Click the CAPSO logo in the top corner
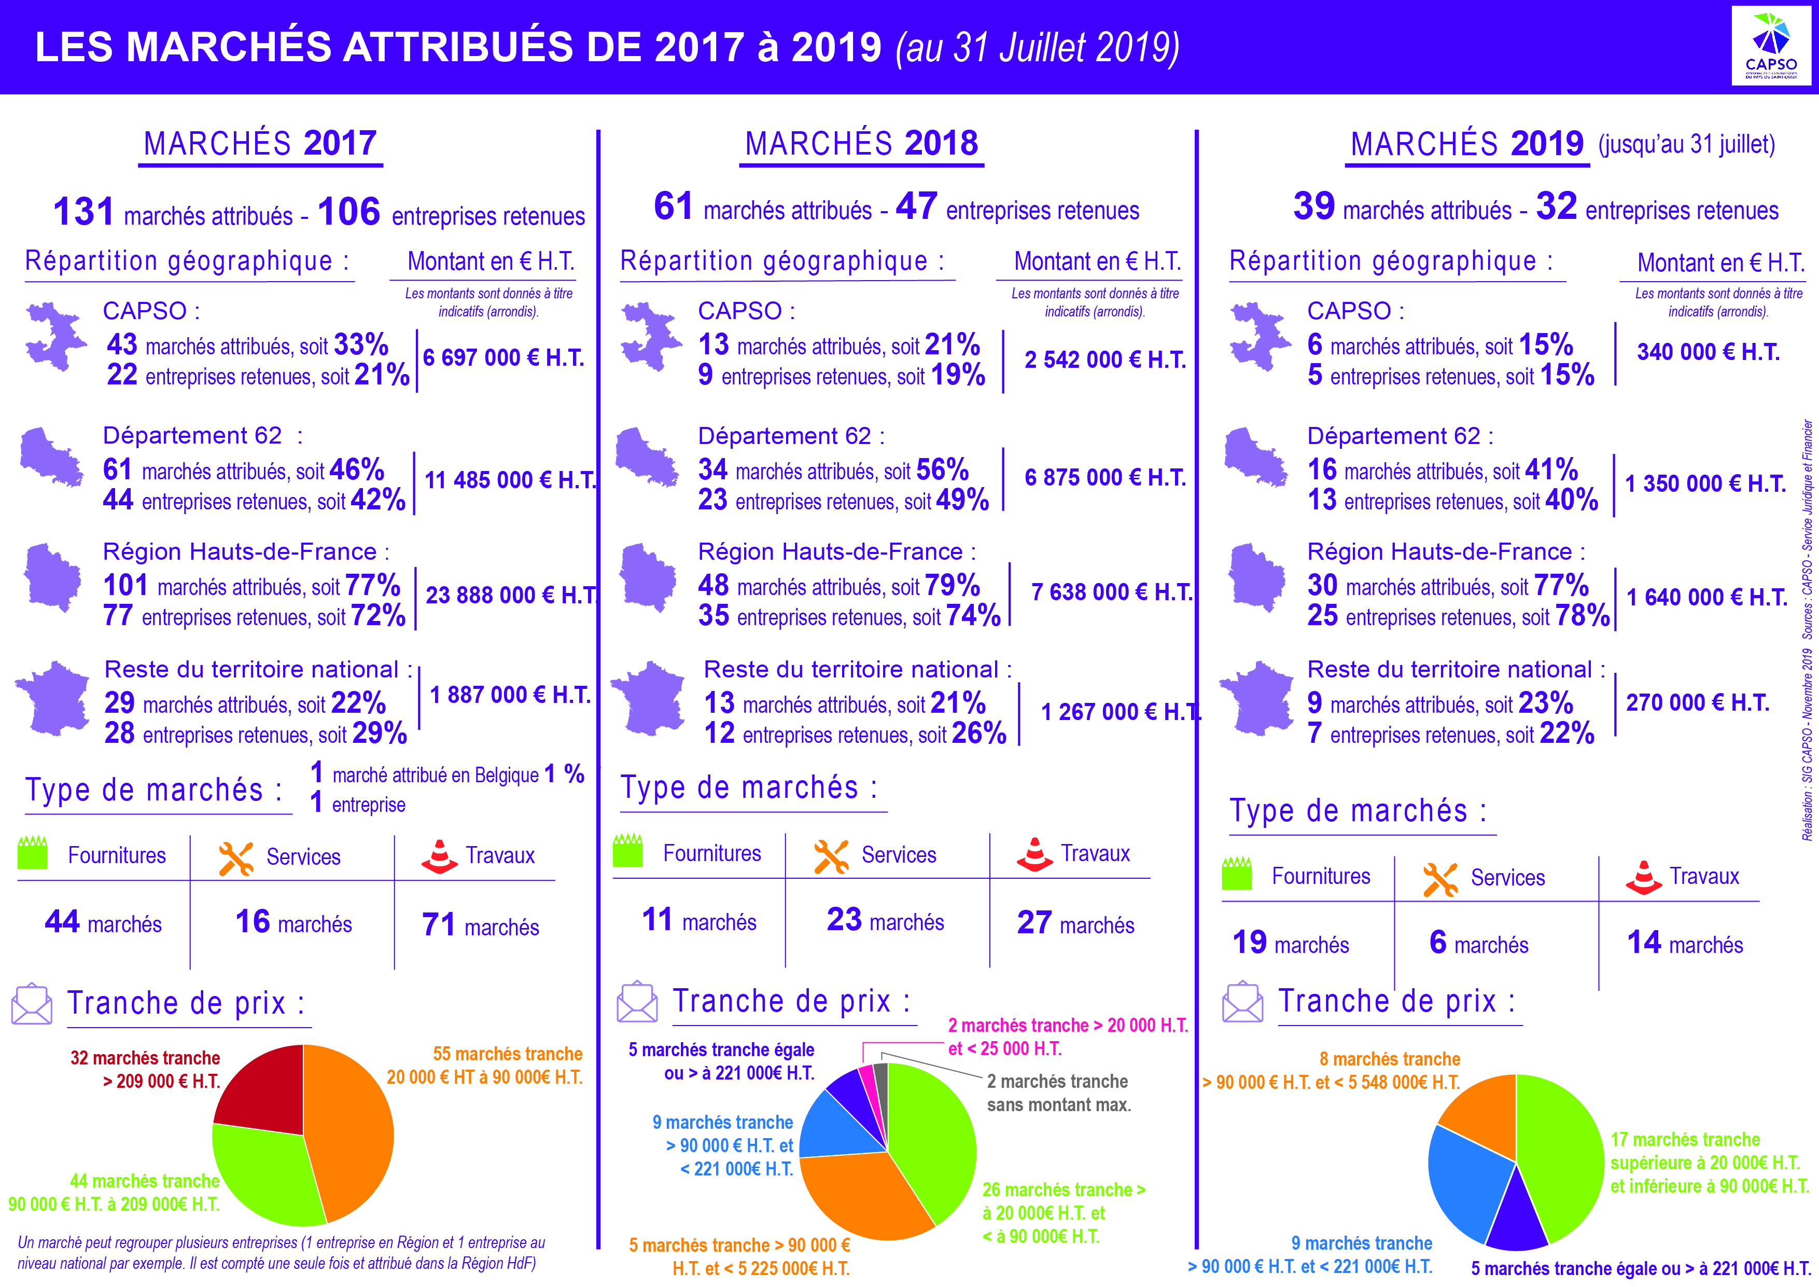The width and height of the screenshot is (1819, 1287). coord(1771,46)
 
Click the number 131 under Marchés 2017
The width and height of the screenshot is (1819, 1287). coord(83,212)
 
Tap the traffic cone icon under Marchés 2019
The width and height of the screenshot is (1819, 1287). coord(1643,877)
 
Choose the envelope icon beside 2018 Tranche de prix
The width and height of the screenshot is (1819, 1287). coord(637,1003)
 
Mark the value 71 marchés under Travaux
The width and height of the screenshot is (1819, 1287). coord(480,925)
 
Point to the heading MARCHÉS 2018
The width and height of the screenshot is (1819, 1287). coord(861,144)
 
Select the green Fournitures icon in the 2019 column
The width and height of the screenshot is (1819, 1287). coord(1237,874)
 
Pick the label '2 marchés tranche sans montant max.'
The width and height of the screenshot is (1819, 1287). coord(1058,1093)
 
